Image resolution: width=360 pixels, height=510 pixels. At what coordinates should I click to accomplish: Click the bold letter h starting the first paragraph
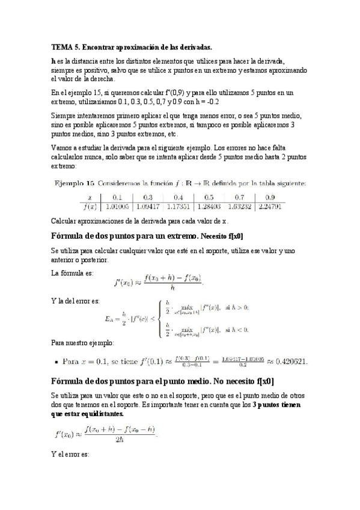(x=53, y=61)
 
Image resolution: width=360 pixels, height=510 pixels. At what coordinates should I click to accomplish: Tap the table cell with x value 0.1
(x=117, y=197)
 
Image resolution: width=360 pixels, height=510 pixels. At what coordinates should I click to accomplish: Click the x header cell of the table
(x=89, y=197)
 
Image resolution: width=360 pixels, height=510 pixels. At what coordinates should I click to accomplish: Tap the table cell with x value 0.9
(x=270, y=197)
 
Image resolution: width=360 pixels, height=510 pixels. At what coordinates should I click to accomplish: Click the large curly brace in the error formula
(x=157, y=317)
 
